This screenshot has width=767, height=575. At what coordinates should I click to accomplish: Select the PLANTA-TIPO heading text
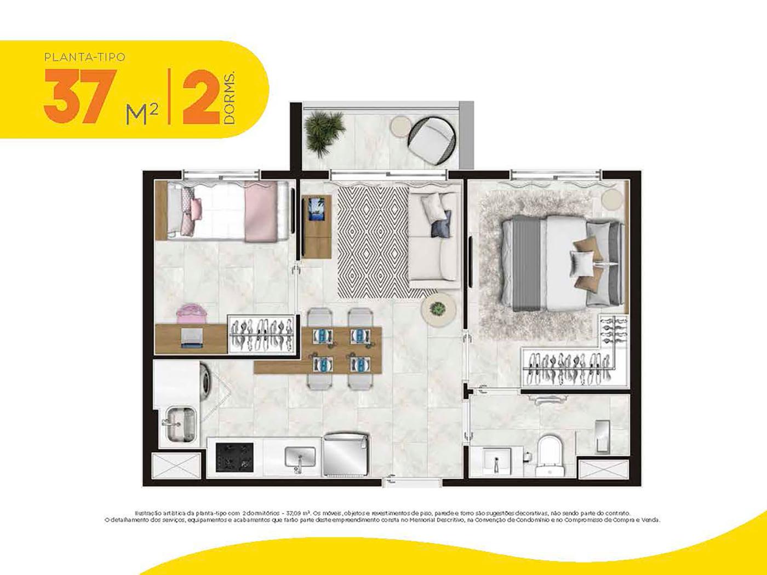[x=84, y=56]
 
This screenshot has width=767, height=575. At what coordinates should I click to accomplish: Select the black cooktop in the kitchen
[x=234, y=457]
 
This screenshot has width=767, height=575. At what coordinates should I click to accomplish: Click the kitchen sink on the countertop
[x=300, y=457]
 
